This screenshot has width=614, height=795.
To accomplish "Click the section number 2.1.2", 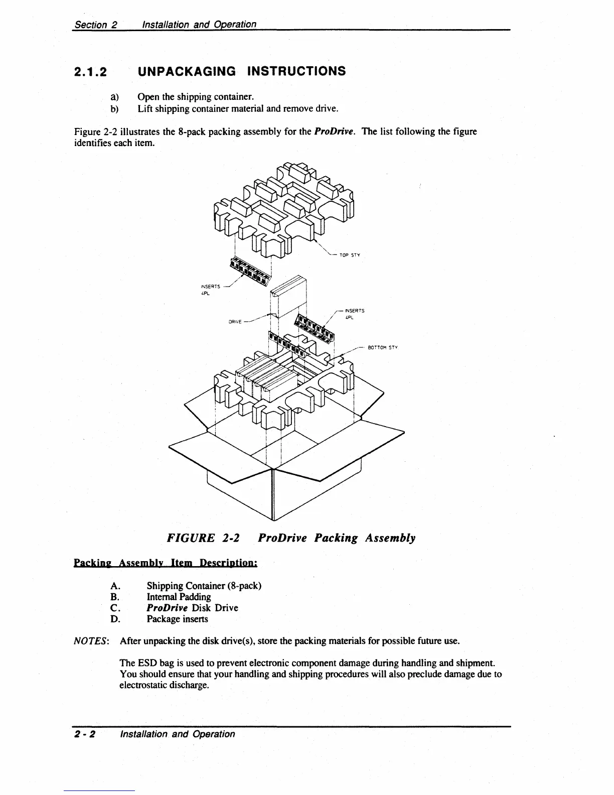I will (90, 72).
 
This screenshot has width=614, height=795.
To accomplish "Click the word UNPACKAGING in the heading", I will (187, 71).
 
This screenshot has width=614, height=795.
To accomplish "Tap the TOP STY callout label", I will (350, 255).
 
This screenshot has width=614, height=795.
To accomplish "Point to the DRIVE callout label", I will (235, 322).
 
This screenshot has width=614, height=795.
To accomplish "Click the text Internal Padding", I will (179, 597).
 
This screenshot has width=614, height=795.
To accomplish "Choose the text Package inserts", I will (177, 619).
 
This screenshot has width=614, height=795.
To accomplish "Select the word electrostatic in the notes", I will (143, 685).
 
